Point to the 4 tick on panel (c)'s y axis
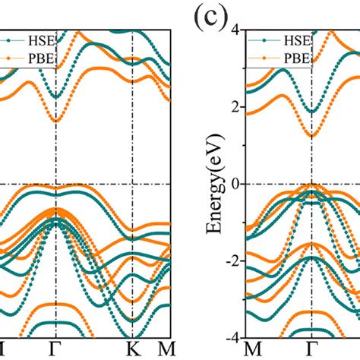click(236, 30)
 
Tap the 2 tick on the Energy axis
click(236, 106)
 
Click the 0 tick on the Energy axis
click(236, 183)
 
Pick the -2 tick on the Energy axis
click(233, 260)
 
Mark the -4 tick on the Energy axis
click(233, 336)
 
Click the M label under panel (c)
click(256, 350)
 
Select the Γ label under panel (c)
click(312, 350)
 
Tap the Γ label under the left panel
click(55, 350)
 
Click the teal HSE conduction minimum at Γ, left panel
click(55, 97)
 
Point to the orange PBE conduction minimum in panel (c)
click(312, 136)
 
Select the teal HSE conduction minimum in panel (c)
click(312, 112)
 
